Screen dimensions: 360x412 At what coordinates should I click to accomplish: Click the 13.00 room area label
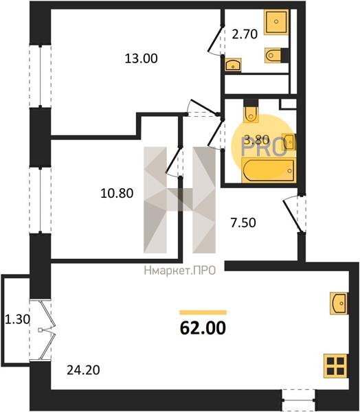coord(142,58)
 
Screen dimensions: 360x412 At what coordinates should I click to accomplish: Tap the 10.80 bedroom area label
coord(117,194)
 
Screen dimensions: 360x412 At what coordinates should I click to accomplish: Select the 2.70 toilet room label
coord(245,34)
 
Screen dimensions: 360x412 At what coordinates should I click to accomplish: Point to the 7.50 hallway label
coord(243,222)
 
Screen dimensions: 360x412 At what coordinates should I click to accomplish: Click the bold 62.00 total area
coord(203,328)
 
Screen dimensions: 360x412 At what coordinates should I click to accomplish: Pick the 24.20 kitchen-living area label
coord(83,370)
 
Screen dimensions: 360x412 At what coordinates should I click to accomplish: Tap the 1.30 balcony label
coord(17,319)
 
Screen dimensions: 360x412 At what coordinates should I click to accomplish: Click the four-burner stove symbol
coord(335,366)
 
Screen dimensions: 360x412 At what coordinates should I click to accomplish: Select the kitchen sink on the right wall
coord(339,304)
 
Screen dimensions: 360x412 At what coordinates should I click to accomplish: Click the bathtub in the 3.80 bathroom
coord(269,170)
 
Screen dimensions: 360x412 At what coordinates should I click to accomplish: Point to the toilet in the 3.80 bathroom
coord(251,112)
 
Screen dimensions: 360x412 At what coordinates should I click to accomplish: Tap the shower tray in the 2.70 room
coord(276,22)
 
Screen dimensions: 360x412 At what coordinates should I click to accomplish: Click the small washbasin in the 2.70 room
coord(233,65)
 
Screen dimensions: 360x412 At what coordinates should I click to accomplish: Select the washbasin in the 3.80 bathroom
coord(289,142)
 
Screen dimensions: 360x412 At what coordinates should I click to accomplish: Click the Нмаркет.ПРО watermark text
coord(180,271)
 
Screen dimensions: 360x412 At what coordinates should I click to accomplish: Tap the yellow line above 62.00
coord(203,312)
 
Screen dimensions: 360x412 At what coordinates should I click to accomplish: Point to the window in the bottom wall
coord(299,400)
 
